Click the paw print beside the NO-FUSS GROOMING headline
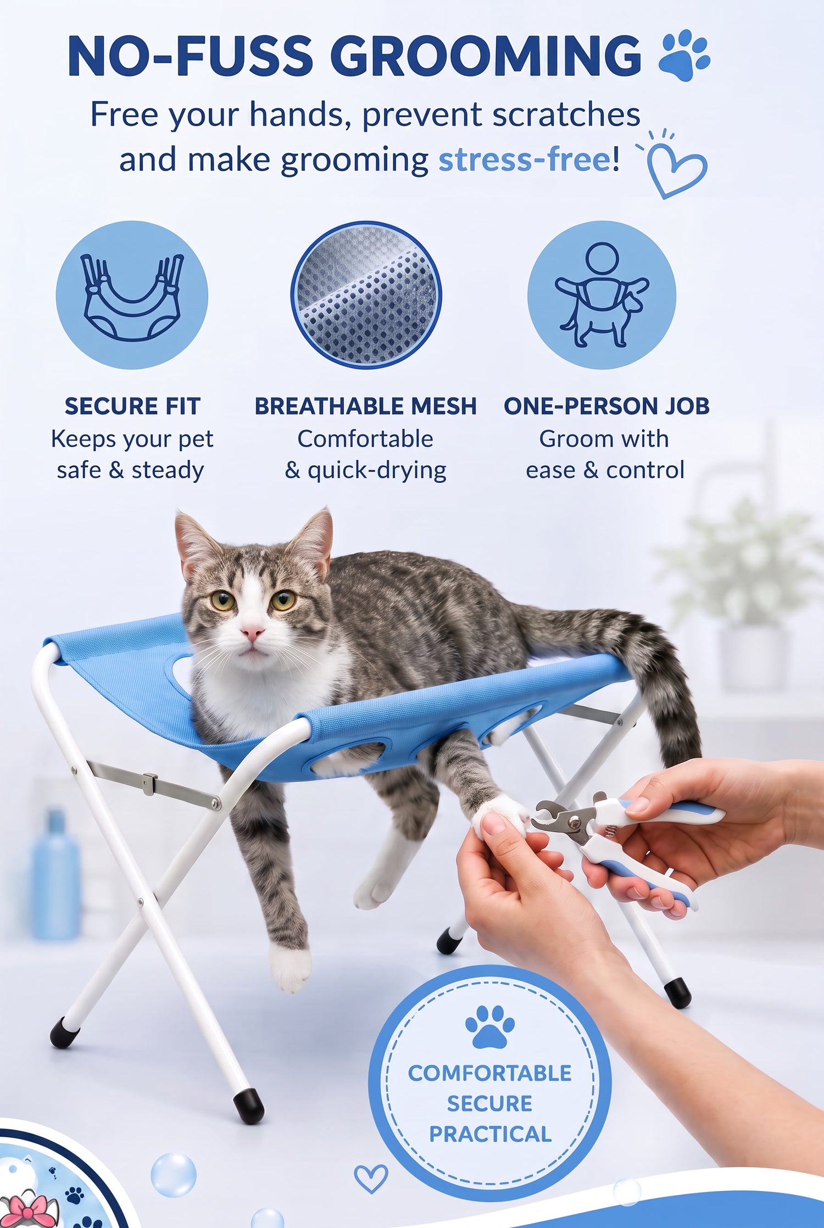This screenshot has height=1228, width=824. (x=684, y=55)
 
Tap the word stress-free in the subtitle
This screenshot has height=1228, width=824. (x=525, y=160)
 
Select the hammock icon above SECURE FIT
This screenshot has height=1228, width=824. (x=132, y=297)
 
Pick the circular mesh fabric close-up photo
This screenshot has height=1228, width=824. (x=366, y=295)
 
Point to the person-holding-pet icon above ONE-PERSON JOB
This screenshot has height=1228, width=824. (x=602, y=295)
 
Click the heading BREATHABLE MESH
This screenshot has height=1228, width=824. (x=365, y=406)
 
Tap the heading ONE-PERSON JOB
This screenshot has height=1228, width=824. (x=606, y=406)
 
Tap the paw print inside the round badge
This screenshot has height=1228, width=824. (x=489, y=1026)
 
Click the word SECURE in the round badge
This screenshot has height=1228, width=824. (x=489, y=1103)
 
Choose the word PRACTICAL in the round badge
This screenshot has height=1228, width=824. (x=490, y=1134)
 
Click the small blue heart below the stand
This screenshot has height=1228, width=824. (x=371, y=1179)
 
